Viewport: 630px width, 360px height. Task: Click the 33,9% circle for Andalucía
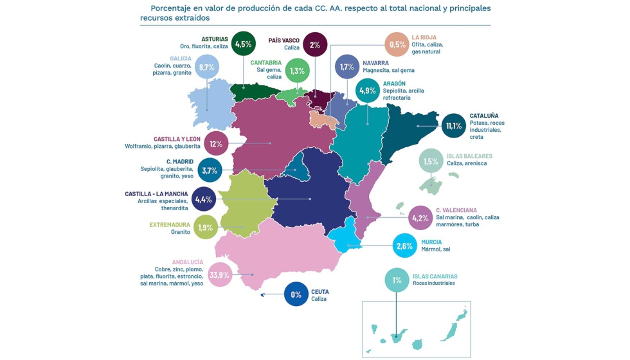[x=220, y=275]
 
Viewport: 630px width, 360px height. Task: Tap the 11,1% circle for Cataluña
[x=454, y=125]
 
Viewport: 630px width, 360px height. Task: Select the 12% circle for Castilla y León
[x=216, y=143]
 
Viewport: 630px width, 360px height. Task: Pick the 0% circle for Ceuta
[x=296, y=294]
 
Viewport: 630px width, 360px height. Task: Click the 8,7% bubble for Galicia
[x=206, y=67]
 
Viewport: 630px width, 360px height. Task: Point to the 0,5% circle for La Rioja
[x=397, y=44]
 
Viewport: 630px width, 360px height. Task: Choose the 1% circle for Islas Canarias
[x=397, y=280]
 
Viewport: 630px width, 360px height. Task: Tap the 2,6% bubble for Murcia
[x=405, y=246]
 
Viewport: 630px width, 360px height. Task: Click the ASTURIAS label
[x=214, y=39]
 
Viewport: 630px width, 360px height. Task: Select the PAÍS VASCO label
[x=284, y=40]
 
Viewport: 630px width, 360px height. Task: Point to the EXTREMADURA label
[x=170, y=224]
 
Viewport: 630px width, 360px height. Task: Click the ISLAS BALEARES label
[x=469, y=156]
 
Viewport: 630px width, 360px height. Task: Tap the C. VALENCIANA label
[x=456, y=210]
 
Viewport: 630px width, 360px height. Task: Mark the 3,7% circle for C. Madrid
[x=210, y=170]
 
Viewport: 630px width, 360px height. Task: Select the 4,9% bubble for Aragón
[x=368, y=91]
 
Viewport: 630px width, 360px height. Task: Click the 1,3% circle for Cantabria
[x=297, y=71]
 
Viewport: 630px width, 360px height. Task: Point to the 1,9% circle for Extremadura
[x=206, y=228]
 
